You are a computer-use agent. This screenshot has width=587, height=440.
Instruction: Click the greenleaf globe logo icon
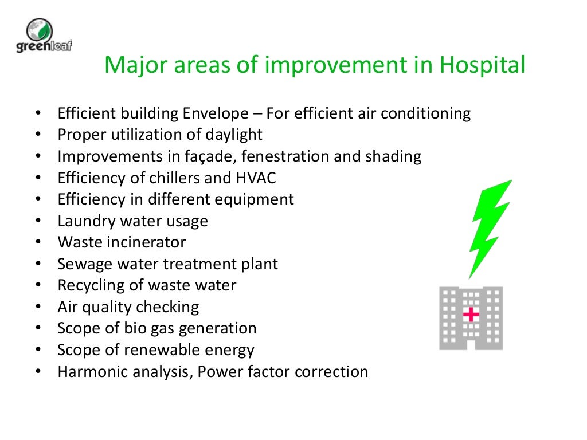click(x=40, y=30)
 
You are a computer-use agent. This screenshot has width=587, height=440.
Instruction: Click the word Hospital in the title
click(x=482, y=66)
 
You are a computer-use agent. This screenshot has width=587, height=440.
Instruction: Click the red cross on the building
click(x=471, y=314)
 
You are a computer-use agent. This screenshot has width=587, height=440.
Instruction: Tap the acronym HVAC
click(x=256, y=178)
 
